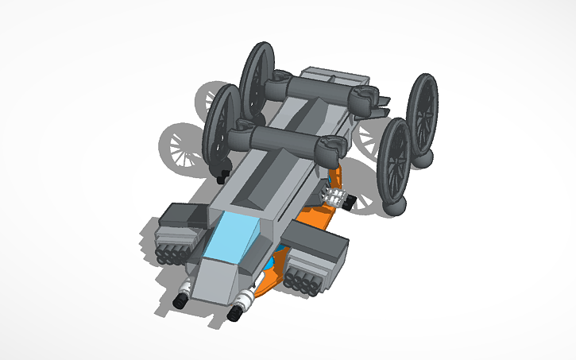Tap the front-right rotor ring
click(394, 161)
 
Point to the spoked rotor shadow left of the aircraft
click(179, 147)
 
